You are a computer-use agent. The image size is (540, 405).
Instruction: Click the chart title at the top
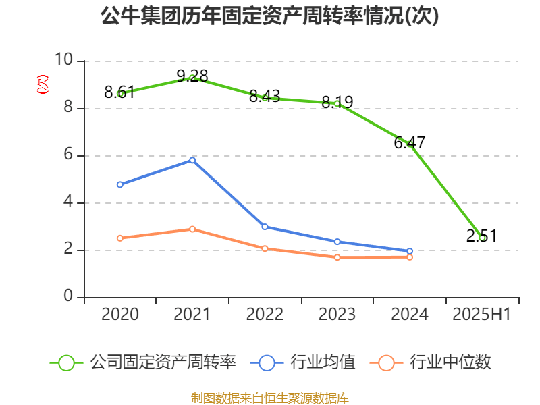click(x=270, y=16)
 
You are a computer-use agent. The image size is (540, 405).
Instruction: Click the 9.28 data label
click(x=192, y=76)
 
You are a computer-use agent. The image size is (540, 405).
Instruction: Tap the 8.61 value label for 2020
click(x=119, y=92)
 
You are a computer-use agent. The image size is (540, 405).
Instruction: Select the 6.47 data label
click(x=410, y=143)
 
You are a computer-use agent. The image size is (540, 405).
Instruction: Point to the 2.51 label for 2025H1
click(x=481, y=236)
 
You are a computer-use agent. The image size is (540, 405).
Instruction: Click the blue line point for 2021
click(x=192, y=160)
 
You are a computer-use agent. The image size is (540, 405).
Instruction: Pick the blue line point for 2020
click(x=120, y=184)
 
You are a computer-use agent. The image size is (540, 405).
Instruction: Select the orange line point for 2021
click(x=192, y=230)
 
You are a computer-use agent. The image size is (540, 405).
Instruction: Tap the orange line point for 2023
click(x=337, y=257)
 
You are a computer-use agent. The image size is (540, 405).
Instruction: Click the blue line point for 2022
click(x=265, y=227)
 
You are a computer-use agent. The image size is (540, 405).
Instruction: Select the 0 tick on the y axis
click(x=68, y=297)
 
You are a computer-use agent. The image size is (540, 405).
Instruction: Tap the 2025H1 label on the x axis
click(x=481, y=315)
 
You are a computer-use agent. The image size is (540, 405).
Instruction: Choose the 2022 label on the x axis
click(x=265, y=315)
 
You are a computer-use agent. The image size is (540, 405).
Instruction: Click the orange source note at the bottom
click(x=270, y=398)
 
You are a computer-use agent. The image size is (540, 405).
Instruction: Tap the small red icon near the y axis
click(x=43, y=84)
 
